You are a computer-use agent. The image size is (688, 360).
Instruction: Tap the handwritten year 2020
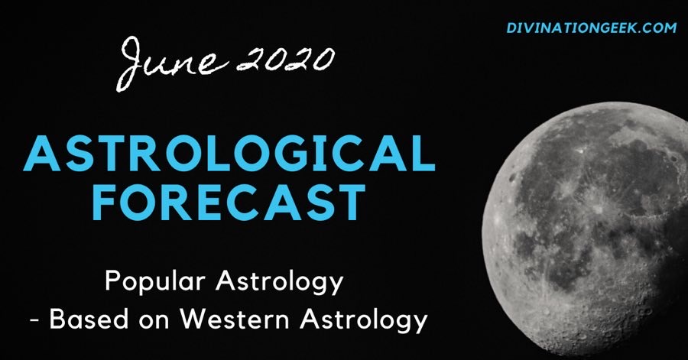[x=286, y=58]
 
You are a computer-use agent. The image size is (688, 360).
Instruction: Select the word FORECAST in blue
[x=229, y=202]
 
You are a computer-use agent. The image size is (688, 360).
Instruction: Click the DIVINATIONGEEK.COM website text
[x=592, y=28]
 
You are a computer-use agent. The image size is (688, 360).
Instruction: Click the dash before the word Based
[x=34, y=321]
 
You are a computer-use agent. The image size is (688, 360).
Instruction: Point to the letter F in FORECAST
[x=105, y=202]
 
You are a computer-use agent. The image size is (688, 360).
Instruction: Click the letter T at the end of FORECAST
[x=350, y=202]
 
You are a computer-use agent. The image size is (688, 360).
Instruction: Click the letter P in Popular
[x=113, y=281]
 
